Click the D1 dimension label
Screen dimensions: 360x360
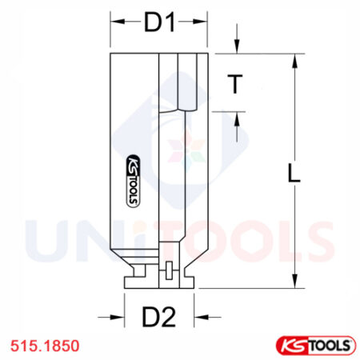coord(159,23)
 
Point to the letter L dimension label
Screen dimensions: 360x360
coord(294,172)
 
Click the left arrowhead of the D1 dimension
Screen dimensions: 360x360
coord(115,23)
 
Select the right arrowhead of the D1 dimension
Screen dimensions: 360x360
coord(203,23)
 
